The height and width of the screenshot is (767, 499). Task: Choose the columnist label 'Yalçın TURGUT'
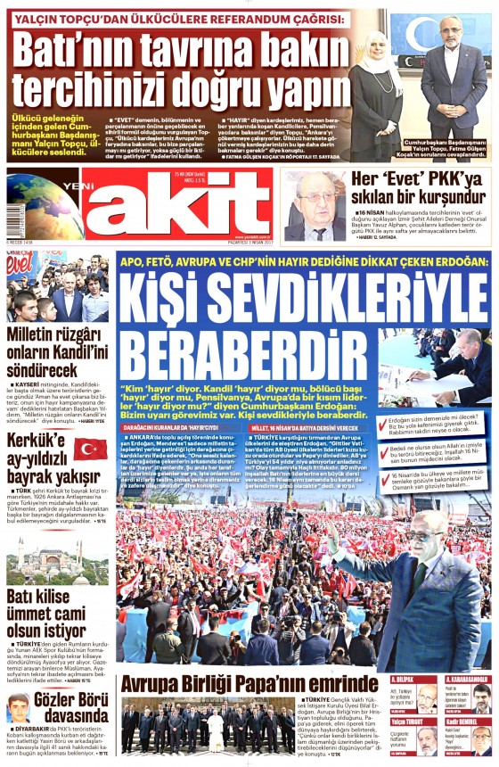click(x=411, y=722)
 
